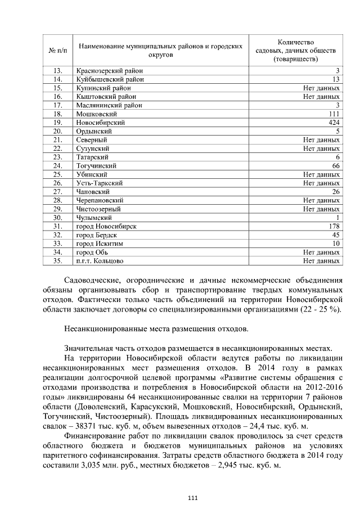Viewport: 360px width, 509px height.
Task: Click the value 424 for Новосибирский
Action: (334, 122)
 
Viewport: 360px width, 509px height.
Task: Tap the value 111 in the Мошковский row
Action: (335, 114)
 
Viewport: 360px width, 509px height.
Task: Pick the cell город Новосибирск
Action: (106, 226)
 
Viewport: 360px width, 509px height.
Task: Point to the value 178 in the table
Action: (334, 226)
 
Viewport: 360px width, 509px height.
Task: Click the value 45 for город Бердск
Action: (336, 235)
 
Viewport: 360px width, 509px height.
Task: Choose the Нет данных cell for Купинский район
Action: (321, 88)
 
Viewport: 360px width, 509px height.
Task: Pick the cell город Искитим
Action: (100, 244)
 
